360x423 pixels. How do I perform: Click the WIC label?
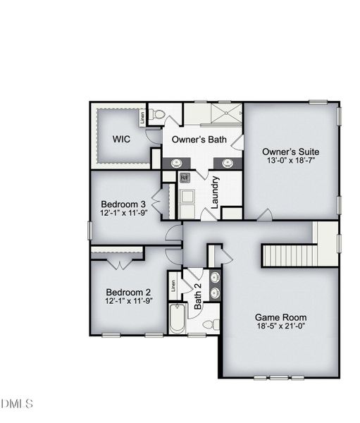(x=122, y=139)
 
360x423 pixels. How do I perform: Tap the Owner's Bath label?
(x=199, y=140)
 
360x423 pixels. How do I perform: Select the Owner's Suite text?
(x=290, y=152)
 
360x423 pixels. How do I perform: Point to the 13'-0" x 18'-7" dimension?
(x=290, y=161)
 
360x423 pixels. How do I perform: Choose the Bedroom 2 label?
(x=128, y=292)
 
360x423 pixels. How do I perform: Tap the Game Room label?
(x=280, y=317)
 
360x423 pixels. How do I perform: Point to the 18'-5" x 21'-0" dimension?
(x=280, y=327)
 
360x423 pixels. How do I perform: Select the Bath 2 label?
(x=198, y=296)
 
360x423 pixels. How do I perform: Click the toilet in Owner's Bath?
(x=159, y=114)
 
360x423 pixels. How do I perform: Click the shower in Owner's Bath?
(x=223, y=115)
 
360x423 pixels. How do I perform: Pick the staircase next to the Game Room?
(x=289, y=254)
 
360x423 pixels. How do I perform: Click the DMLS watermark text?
(x=17, y=404)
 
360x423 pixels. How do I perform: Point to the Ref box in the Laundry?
(x=185, y=178)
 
